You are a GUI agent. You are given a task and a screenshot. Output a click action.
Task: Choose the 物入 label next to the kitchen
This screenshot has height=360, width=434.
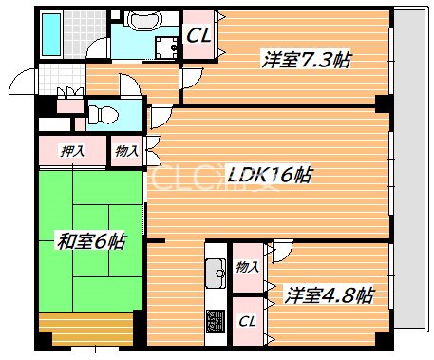246,267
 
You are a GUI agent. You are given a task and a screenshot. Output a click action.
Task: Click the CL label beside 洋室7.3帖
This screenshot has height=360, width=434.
198,36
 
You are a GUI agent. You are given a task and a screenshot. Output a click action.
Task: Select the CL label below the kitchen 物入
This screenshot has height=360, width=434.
246,322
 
